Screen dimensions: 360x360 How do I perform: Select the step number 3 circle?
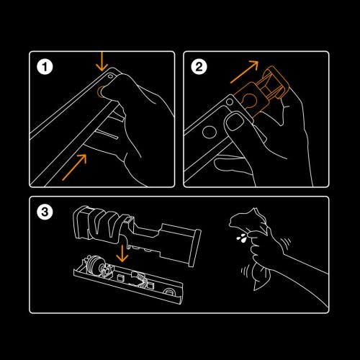pyautogui.click(x=45, y=212)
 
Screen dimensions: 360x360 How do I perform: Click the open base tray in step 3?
pyautogui.click(x=130, y=284)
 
